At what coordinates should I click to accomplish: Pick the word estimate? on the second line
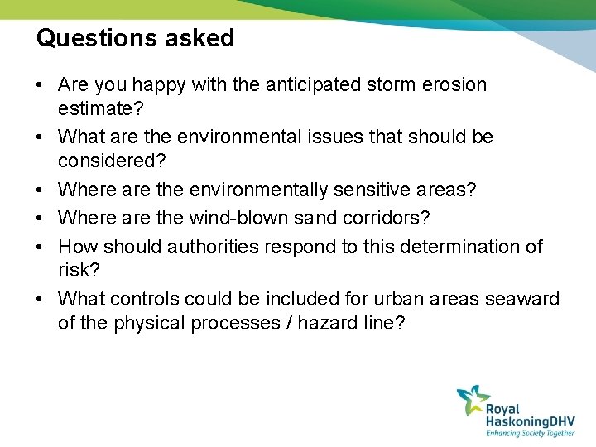coord(96,108)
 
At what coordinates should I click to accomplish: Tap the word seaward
coord(530,298)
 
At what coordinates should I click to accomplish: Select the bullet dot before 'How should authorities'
coord(41,248)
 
